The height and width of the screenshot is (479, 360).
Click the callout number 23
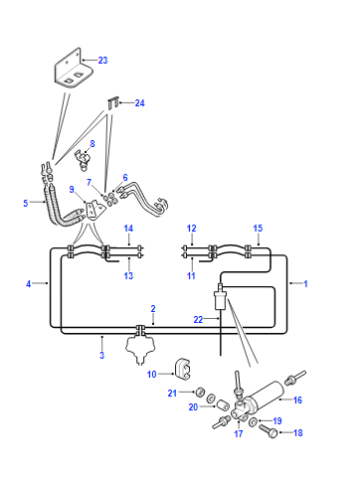103,60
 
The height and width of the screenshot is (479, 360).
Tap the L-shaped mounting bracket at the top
73,70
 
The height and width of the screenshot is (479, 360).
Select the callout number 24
140,103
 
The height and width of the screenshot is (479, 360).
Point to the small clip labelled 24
113,102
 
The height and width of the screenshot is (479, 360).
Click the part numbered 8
82,159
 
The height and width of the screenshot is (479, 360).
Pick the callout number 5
26,203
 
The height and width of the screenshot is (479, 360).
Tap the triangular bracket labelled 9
94,210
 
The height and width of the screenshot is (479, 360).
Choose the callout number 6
125,178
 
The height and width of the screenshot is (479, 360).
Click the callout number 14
128,228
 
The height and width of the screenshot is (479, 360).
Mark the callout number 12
191,228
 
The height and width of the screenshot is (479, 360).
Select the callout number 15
258,228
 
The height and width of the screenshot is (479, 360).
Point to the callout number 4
28,284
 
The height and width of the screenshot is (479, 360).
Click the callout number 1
305,284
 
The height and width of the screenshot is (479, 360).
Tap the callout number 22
198,320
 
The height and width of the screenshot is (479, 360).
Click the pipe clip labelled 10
182,369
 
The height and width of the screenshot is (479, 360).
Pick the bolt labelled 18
268,429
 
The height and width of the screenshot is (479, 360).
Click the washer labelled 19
253,421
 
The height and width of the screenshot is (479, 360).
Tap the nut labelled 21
200,392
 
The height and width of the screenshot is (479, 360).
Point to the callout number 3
102,355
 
